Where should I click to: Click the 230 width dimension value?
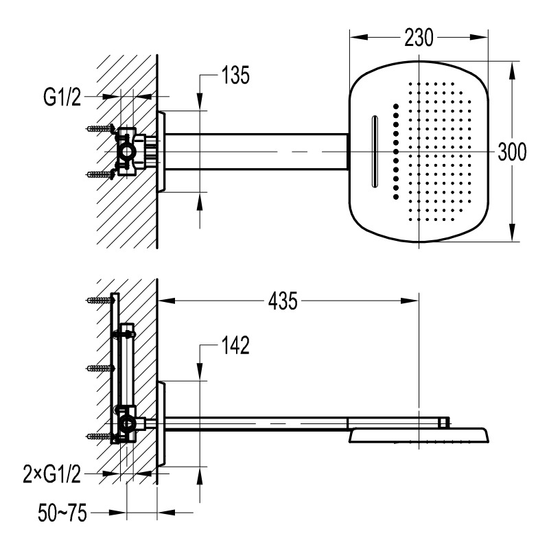(x=419, y=38)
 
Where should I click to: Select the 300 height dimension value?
(x=512, y=152)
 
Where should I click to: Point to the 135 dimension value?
(x=235, y=75)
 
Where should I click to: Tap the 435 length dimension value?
(x=283, y=301)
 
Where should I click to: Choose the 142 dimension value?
(x=235, y=345)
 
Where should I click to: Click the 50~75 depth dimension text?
(x=62, y=513)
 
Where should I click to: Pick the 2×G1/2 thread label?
(x=52, y=474)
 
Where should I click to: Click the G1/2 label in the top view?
(x=62, y=97)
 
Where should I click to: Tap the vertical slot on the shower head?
(x=375, y=152)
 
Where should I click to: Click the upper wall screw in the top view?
(x=100, y=128)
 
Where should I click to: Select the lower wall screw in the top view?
(x=100, y=174)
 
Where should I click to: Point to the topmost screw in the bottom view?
(x=100, y=300)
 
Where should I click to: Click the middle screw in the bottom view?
(x=100, y=368)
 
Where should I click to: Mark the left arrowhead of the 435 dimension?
(x=166, y=301)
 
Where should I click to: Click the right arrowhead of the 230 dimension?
(x=479, y=37)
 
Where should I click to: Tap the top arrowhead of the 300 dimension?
(x=512, y=70)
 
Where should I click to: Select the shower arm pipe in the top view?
(x=256, y=152)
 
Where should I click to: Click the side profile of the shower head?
(x=419, y=434)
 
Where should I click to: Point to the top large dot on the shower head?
(x=396, y=106)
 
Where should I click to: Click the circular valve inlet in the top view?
(x=127, y=151)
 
